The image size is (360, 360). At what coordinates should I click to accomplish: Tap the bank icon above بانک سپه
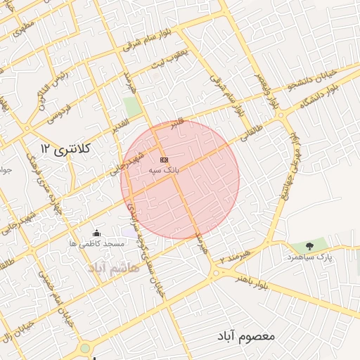point(165,160)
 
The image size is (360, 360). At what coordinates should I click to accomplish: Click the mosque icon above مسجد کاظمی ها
point(96,233)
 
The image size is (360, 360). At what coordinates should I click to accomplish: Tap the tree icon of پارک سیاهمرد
point(309,246)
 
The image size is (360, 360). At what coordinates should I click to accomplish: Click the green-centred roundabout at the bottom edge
point(84,348)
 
